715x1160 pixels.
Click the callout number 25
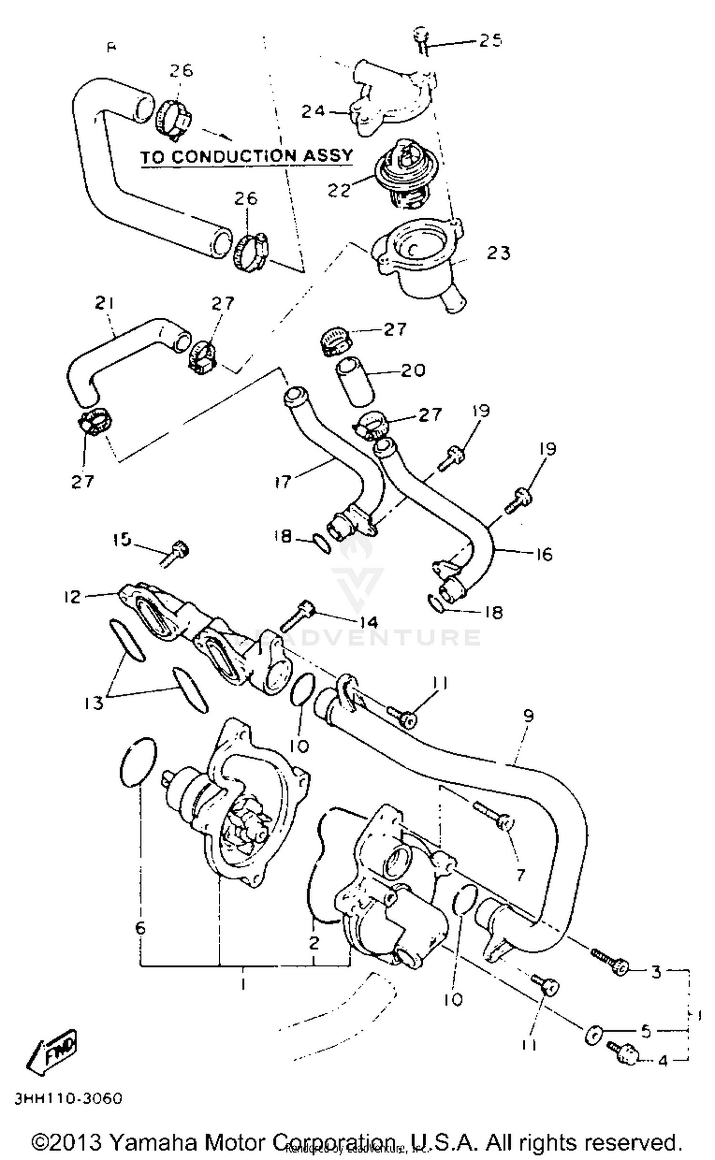point(490,40)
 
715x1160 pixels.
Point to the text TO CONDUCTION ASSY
point(246,156)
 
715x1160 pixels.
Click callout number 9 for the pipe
point(528,716)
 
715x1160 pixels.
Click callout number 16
point(543,555)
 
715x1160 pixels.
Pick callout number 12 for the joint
point(72,596)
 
